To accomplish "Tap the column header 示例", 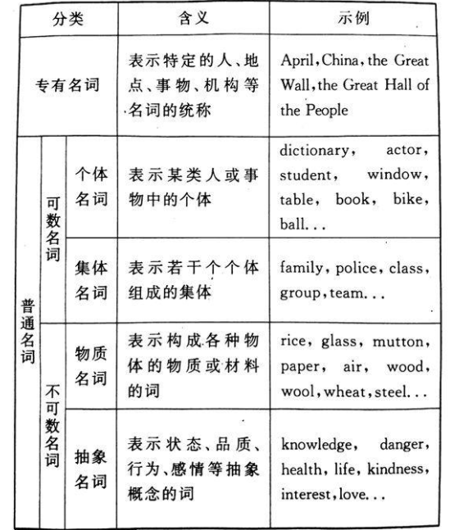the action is (359, 18).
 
